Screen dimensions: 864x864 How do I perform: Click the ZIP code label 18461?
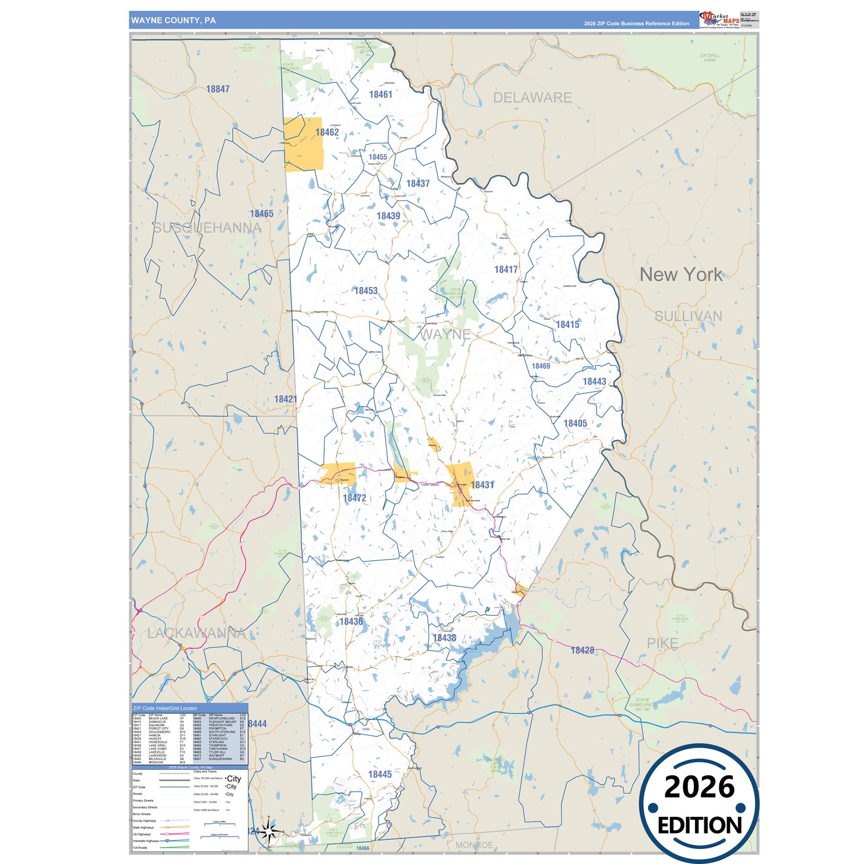(x=380, y=94)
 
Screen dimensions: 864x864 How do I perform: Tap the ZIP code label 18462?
(x=327, y=132)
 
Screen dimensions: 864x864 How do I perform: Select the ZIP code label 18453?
(x=366, y=291)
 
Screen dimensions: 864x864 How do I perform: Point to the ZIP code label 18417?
(x=506, y=270)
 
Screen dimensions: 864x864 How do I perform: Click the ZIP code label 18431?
(x=482, y=485)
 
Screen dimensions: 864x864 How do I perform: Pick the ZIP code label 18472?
(x=355, y=497)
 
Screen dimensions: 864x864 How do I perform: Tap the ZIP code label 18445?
(x=380, y=774)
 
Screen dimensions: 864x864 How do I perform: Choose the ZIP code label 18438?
(x=444, y=638)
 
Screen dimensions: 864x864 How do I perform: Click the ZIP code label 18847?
(x=218, y=89)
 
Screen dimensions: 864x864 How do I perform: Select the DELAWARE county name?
(x=532, y=97)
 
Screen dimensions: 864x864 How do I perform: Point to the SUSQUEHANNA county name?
(x=207, y=228)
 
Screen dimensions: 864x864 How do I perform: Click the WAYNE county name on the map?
(x=445, y=334)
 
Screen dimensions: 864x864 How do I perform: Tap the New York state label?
(x=681, y=274)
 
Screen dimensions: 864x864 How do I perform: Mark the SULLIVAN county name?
(x=688, y=316)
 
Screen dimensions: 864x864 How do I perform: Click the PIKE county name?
(x=662, y=643)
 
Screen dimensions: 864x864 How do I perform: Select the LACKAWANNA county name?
(x=196, y=633)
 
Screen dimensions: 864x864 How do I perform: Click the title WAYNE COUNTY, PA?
(x=173, y=20)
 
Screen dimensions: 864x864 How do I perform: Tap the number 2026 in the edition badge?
(x=699, y=787)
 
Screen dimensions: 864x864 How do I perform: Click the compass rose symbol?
(x=269, y=831)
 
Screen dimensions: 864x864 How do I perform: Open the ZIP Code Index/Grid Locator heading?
(x=165, y=708)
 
